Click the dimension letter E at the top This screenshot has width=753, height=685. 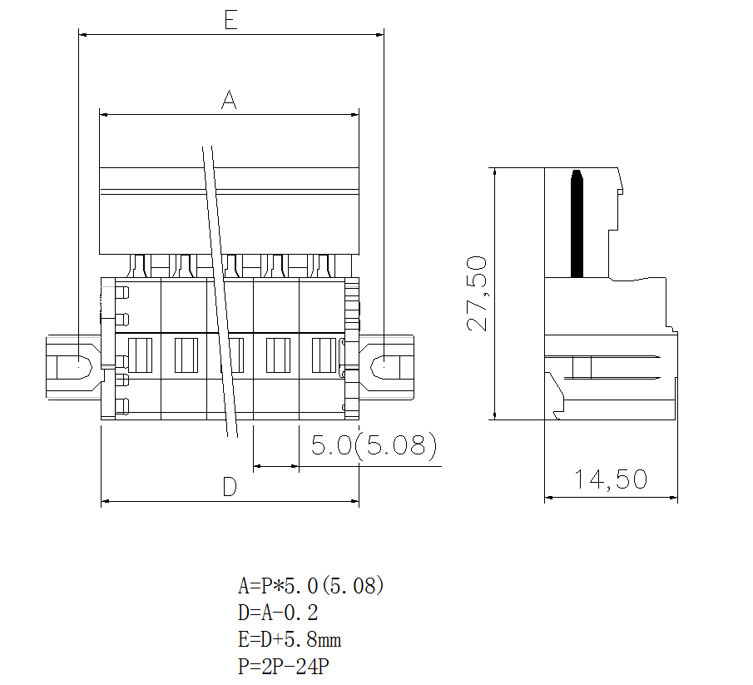[230, 20]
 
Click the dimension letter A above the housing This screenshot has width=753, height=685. [229, 101]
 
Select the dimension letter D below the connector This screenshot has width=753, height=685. [230, 488]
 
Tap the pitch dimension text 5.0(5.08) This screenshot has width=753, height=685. [374, 447]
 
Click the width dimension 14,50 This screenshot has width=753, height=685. [610, 479]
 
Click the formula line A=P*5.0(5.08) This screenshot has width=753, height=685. [310, 586]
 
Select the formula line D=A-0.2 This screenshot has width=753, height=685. [277, 613]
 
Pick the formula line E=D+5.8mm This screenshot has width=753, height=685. [289, 640]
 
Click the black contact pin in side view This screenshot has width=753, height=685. [576, 223]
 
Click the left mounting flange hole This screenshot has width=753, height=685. [72, 365]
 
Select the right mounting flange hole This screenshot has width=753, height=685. [385, 365]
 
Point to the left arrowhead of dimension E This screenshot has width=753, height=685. [82, 34]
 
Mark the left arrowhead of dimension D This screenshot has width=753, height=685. [106, 502]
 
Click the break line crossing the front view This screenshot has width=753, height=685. [220, 291]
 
